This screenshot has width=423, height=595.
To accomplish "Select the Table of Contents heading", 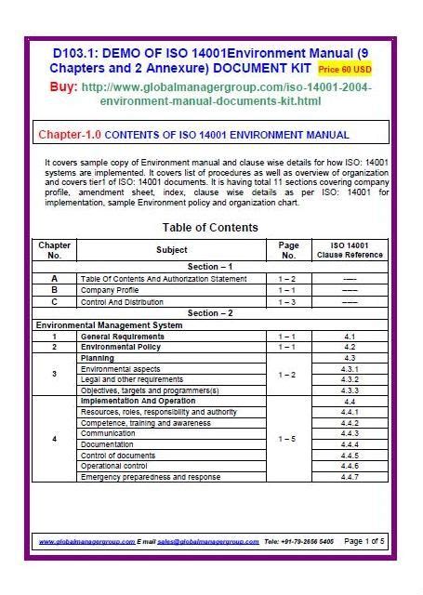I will pyautogui.click(x=210, y=228).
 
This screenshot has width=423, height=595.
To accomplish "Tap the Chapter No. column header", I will pyautogui.click(x=54, y=250).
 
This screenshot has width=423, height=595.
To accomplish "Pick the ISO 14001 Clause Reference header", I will pyautogui.click(x=350, y=250).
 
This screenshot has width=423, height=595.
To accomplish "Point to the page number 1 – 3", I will pyautogui.click(x=288, y=301).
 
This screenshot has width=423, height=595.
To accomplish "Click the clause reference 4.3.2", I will pyautogui.click(x=350, y=380).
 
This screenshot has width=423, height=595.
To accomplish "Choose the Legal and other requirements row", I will pyautogui.click(x=132, y=380).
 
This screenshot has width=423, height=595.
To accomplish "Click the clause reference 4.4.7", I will pyautogui.click(x=350, y=477).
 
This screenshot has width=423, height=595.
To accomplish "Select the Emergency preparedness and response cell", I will pyautogui.click(x=151, y=477).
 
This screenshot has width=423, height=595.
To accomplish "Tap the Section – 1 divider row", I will pyautogui.click(x=210, y=267).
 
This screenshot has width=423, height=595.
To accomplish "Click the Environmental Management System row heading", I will pyautogui.click(x=109, y=325).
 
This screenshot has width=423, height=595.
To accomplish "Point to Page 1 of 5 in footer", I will pyautogui.click(x=364, y=540).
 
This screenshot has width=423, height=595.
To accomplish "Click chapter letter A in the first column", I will pyautogui.click(x=54, y=278).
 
